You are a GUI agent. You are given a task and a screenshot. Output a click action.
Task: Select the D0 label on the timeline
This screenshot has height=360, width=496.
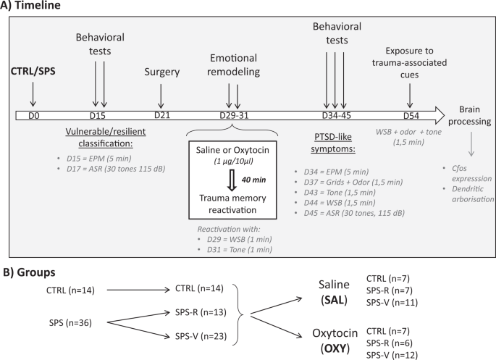click(32, 116)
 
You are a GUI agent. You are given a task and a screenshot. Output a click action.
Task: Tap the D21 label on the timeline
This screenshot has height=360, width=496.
click(161, 116)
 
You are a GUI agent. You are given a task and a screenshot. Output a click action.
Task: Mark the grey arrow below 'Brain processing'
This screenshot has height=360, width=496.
click(471, 145)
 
